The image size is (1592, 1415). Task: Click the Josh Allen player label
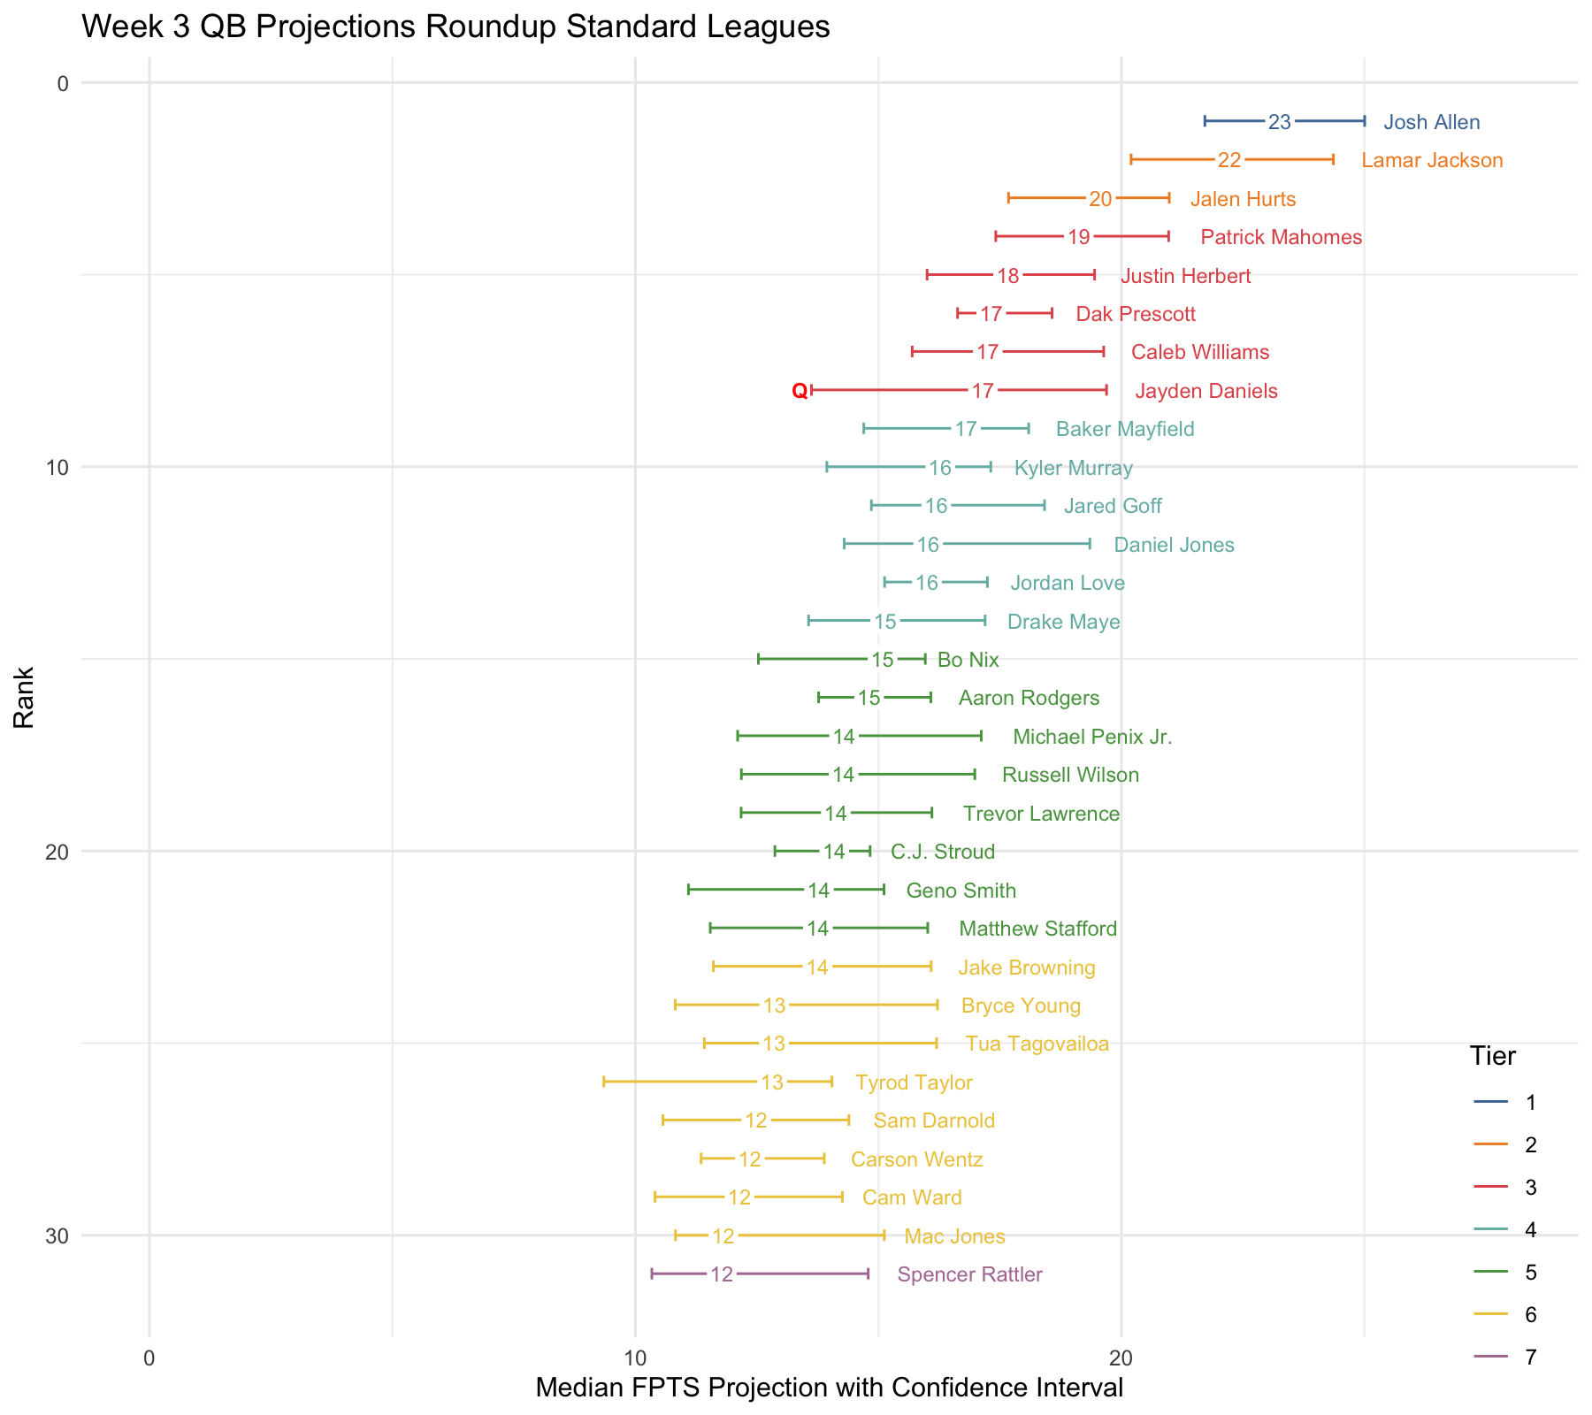pyautogui.click(x=1431, y=122)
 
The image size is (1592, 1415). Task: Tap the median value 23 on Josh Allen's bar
pyautogui.click(x=1279, y=122)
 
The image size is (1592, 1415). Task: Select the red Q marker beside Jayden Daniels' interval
pyautogui.click(x=800, y=391)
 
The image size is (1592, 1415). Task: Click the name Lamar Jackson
pyautogui.click(x=1432, y=160)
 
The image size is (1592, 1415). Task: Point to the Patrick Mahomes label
pyautogui.click(x=1281, y=237)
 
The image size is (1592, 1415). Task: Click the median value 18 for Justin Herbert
pyautogui.click(x=1008, y=276)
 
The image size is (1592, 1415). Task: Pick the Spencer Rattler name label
pyautogui.click(x=969, y=1274)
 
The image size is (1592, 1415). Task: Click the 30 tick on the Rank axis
pyautogui.click(x=56, y=1236)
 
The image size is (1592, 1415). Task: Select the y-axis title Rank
pyautogui.click(x=24, y=697)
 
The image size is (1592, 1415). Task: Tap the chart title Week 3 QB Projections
pyautogui.click(x=455, y=27)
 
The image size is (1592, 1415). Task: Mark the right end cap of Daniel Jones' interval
pyautogui.click(x=1090, y=544)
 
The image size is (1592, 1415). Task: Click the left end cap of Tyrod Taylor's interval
pyautogui.click(x=603, y=1082)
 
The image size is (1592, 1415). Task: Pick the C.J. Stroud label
pyautogui.click(x=942, y=853)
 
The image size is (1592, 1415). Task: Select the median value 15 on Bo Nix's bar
pyautogui.click(x=883, y=660)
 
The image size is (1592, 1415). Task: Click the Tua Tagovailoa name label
pyautogui.click(x=1037, y=1044)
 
